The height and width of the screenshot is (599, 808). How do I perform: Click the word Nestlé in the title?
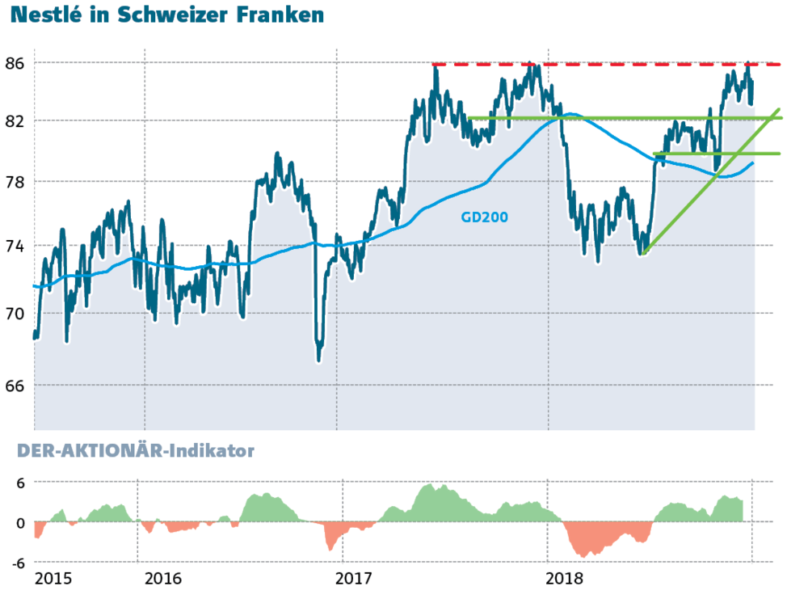pos(47,16)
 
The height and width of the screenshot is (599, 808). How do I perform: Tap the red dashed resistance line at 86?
pos(606,64)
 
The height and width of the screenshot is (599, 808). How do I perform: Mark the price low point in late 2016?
pos(319,357)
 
